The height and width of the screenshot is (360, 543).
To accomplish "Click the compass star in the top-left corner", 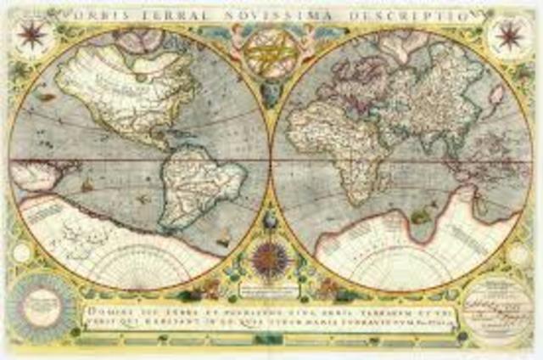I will click(x=32, y=36).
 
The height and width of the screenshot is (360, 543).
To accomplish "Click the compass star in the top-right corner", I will click(x=511, y=36).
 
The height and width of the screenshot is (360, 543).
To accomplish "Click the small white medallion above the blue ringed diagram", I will click(x=22, y=252).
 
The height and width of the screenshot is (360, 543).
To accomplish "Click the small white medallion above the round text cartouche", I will click(x=519, y=253).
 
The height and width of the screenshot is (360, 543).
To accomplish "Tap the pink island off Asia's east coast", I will click(x=496, y=95).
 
